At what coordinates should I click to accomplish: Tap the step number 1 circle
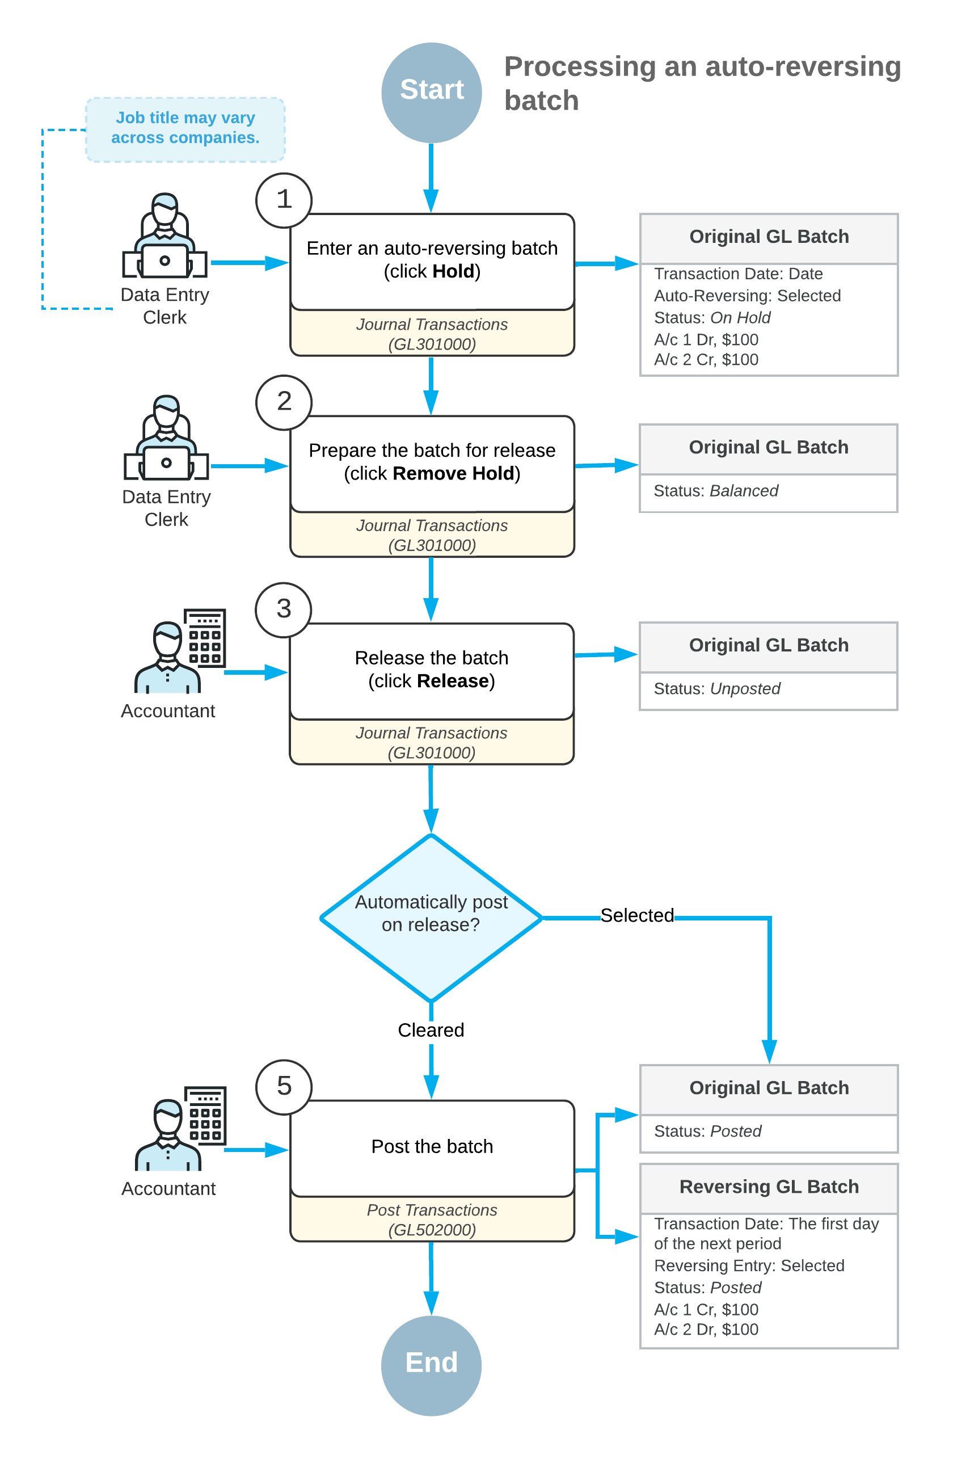tap(284, 200)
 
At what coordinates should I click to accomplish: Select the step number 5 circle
tap(284, 1087)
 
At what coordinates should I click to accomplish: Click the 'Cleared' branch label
tap(431, 1029)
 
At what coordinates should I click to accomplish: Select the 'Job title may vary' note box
tap(185, 129)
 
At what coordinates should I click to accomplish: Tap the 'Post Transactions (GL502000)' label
tap(432, 1220)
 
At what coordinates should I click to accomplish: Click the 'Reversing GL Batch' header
tap(769, 1186)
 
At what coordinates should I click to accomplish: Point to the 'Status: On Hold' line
tap(712, 317)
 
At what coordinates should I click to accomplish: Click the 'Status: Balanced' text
tap(716, 491)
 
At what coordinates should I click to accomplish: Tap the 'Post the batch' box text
tap(432, 1146)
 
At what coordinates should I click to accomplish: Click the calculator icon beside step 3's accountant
tap(205, 637)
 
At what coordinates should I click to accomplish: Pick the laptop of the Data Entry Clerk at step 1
tap(165, 260)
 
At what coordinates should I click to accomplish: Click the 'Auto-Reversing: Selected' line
tap(747, 296)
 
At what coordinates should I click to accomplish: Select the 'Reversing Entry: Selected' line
tap(749, 1265)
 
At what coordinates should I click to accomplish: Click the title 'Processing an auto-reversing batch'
tap(702, 83)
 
